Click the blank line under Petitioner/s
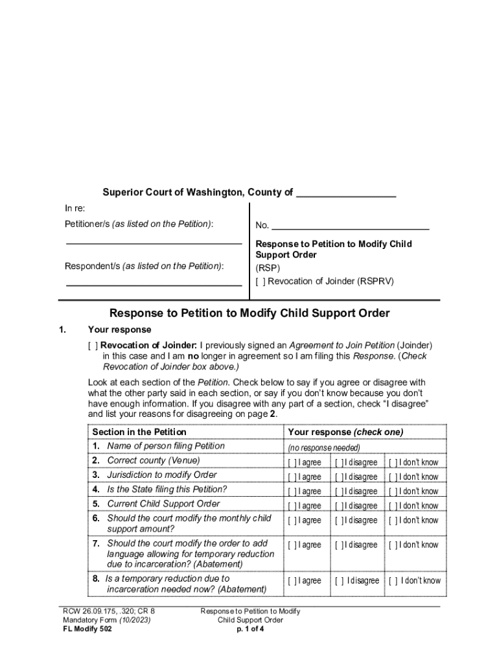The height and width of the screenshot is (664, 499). point(154,243)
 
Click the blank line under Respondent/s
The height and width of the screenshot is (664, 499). point(154,284)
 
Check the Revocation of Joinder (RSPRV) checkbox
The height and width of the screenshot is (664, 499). point(261,281)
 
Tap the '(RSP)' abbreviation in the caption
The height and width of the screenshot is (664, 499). point(268,268)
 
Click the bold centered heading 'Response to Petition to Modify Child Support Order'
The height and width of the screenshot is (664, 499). point(250,314)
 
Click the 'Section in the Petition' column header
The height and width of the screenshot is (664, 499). point(139,432)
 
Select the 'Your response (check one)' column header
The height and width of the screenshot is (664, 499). point(345,432)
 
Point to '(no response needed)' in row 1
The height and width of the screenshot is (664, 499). point(324,447)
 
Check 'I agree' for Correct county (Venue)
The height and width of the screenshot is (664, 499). point(293,462)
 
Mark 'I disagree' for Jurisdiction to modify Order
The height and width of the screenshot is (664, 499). point(340,477)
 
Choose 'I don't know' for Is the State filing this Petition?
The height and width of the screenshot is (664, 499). point(393,492)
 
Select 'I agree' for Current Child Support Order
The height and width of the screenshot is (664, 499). point(293,506)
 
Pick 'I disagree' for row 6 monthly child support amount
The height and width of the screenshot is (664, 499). point(340,520)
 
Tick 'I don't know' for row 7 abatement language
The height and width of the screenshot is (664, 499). point(393,545)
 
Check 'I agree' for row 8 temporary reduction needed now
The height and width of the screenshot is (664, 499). point(293,580)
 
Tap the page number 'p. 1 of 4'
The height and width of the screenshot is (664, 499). point(250,629)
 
